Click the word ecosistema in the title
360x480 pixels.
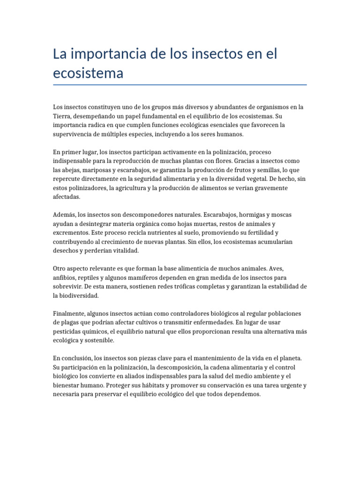88,73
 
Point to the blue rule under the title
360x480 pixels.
180,85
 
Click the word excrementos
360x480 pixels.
71,232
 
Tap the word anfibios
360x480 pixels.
66,277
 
